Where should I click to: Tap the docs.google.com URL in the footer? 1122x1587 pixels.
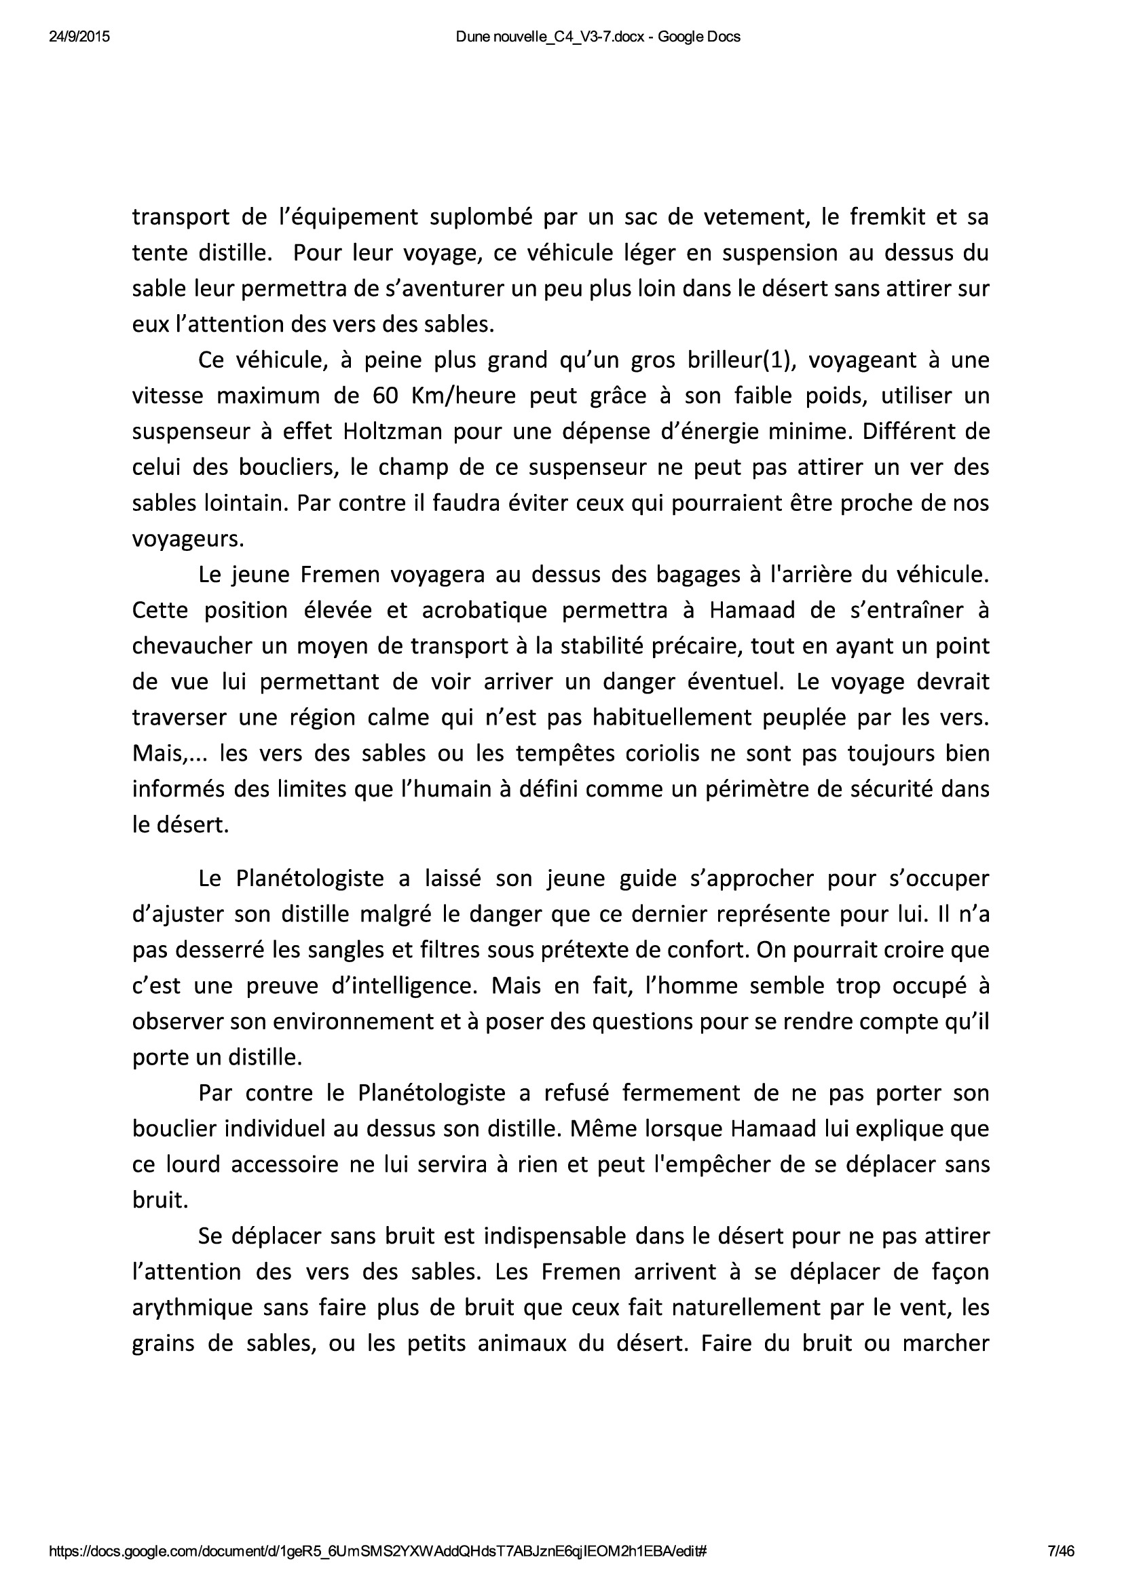pyautogui.click(x=377, y=1552)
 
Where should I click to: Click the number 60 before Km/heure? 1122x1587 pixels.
pyautogui.click(x=384, y=396)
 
